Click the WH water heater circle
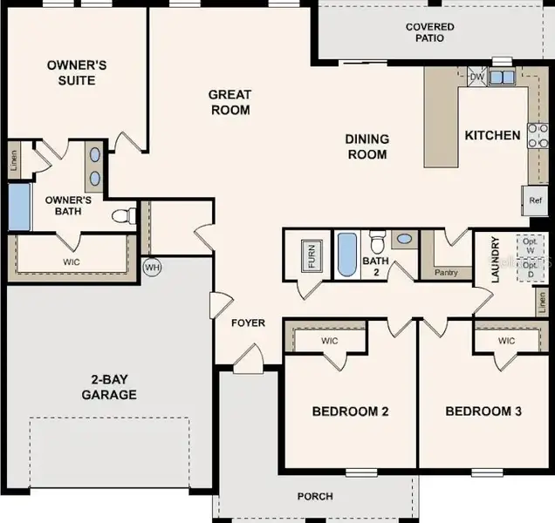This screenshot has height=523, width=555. pos(151,267)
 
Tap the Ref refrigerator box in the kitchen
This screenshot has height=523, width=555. pos(535,200)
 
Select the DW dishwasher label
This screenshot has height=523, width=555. pos(476,78)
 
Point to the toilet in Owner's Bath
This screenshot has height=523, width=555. pos(123,214)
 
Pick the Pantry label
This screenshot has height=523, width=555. pos(445,273)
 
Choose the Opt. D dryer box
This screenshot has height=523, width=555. pos(531,270)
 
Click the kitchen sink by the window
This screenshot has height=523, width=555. pos(501,78)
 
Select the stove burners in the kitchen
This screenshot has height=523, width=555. pos(538,135)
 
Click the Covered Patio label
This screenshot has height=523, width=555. pos(429,32)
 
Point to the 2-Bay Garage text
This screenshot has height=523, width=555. pos(110,387)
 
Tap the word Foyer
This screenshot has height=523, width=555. pos(248,323)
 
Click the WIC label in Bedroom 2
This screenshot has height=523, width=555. pos(329,341)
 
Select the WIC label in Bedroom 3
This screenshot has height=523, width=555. pos(507,341)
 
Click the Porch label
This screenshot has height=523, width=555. pos(314,497)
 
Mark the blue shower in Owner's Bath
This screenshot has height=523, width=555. pos(18,206)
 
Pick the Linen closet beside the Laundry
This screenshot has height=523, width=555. pos(542,302)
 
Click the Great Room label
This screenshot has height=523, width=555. pos(230,102)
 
